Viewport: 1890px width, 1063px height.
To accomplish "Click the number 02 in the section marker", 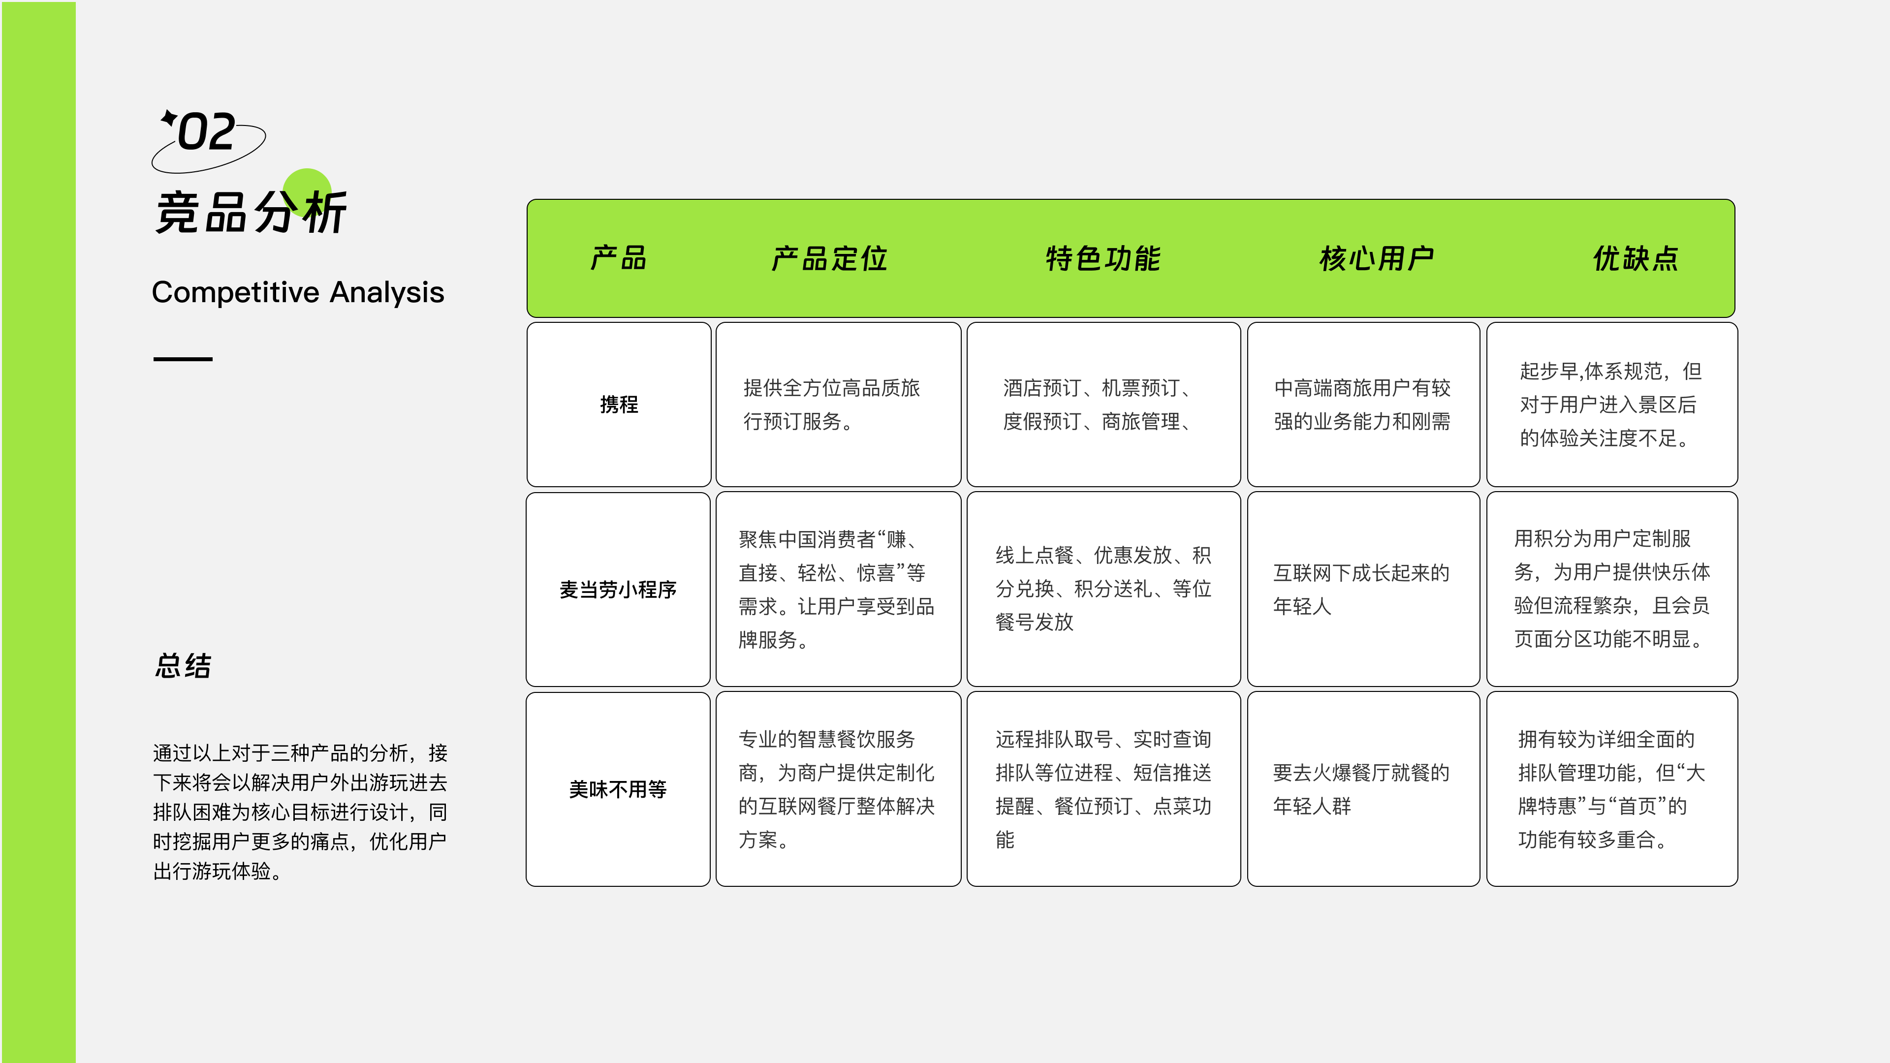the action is [207, 133].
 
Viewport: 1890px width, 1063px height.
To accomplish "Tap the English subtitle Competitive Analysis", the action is [298, 292].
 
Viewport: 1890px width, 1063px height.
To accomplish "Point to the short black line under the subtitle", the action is [183, 359].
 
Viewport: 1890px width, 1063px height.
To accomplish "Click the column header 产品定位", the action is [830, 259].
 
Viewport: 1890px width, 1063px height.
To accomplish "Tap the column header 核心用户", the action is [1377, 259].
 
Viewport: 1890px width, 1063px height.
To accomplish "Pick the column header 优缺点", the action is [1636, 259].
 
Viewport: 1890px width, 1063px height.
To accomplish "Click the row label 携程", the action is [619, 404].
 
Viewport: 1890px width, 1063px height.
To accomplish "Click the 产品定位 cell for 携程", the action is [838, 404].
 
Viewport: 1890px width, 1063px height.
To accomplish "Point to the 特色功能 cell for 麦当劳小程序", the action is [1103, 589].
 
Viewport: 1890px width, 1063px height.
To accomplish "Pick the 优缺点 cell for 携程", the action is [1611, 404].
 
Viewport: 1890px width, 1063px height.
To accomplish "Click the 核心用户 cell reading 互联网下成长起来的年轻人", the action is [1363, 589].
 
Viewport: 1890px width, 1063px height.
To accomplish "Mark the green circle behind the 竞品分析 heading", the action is [308, 184].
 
